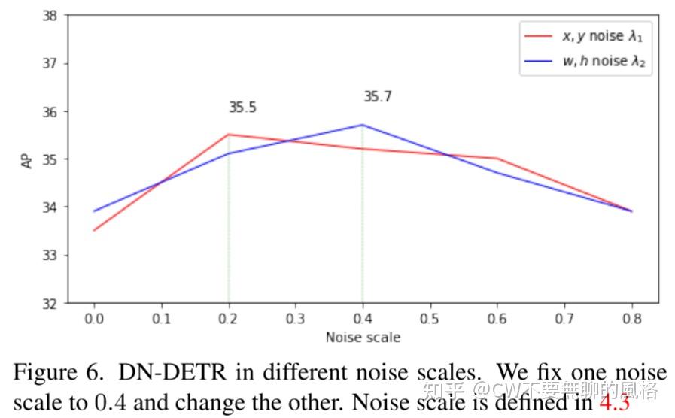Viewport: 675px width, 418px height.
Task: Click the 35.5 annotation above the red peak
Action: [x=242, y=108]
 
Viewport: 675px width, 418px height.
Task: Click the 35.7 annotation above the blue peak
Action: [x=377, y=97]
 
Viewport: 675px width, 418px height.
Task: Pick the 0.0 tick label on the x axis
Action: [x=94, y=318]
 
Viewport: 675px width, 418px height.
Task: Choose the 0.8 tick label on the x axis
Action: [x=631, y=318]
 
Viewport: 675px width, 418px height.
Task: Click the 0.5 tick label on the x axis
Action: [x=430, y=318]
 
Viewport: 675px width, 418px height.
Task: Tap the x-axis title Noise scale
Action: [x=363, y=338]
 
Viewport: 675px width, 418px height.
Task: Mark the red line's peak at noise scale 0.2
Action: [x=228, y=135]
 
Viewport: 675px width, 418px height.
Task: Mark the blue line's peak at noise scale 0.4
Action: [x=363, y=125]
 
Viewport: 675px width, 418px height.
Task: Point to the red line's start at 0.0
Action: [x=94, y=230]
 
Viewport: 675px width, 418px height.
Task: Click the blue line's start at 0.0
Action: [x=94, y=211]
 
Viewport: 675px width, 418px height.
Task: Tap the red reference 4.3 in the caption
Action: [x=614, y=401]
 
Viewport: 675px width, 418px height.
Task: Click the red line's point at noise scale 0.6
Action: [x=497, y=159]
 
